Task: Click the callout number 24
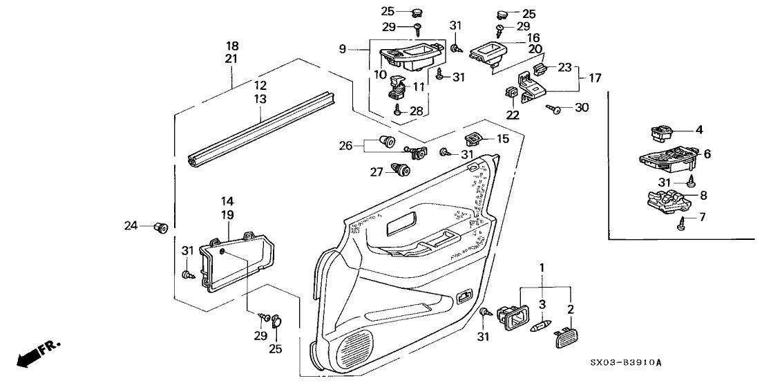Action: tap(131, 225)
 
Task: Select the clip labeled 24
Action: tap(162, 226)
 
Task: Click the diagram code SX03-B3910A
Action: tap(626, 362)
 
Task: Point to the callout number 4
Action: tap(699, 129)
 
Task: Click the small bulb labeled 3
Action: tap(540, 324)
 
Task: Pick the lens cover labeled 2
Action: tap(564, 337)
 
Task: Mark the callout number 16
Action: tap(533, 37)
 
